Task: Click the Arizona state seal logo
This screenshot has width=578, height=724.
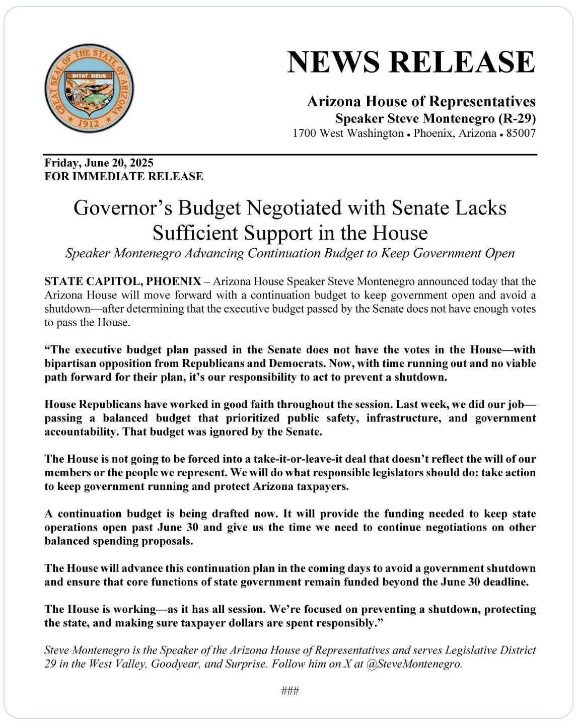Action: tap(89, 89)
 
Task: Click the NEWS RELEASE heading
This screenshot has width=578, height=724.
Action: tap(411, 61)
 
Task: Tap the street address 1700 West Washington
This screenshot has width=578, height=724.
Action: tap(348, 134)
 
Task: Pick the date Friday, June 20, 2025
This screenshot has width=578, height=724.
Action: tap(99, 163)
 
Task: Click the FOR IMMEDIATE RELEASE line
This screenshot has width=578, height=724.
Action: tap(124, 177)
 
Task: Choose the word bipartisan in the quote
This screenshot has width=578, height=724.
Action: tap(69, 364)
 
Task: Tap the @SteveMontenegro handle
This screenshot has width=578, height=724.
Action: tap(414, 664)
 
